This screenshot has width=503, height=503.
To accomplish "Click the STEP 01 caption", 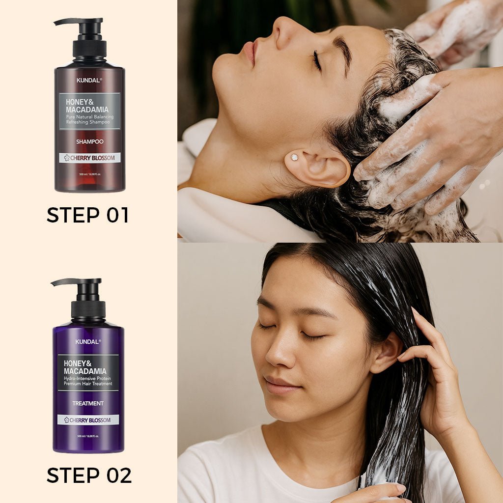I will coord(87,215).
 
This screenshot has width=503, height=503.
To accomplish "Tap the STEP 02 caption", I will coord(89,475).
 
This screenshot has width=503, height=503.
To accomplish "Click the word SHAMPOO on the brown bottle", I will coord(89,141).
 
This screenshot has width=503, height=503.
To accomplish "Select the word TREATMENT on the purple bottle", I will coord(88,403).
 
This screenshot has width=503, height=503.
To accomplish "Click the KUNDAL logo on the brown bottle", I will coord(89,80).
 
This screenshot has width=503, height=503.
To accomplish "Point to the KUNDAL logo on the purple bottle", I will coord(88,341).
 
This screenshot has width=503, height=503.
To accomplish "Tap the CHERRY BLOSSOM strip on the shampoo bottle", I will coord(89,158).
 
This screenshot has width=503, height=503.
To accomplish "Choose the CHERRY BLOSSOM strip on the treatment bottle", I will coord(88,420).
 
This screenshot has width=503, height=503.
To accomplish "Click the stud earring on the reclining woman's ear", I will coord(294,157).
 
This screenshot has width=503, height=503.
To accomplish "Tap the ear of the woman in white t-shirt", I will coord(385,352).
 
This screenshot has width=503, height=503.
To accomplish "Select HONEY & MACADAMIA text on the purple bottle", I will coord(84,366).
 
